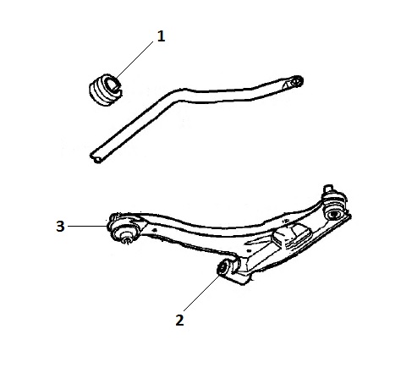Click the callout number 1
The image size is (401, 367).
161,36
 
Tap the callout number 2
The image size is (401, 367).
179,320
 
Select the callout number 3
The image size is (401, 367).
60,226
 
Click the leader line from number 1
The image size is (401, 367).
135,59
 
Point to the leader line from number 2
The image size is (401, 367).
201,293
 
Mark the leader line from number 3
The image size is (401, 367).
88,226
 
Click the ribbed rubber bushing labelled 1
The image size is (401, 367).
106,90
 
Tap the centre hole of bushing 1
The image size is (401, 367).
112,84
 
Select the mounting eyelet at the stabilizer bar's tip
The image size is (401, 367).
295,81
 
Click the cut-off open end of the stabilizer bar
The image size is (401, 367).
97,158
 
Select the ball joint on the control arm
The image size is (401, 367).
334,206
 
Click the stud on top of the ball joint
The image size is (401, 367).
328,189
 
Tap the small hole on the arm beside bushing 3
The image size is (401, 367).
154,230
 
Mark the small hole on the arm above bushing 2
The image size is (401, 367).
248,250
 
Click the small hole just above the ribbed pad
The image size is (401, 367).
285,221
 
